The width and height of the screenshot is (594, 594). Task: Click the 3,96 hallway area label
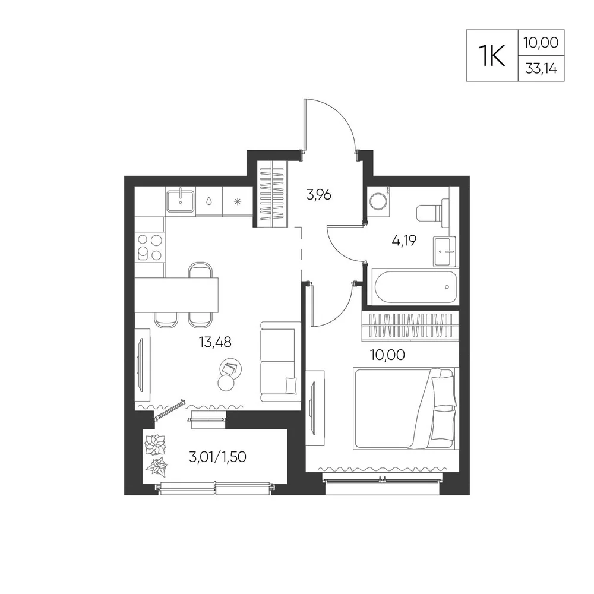[x=318, y=195]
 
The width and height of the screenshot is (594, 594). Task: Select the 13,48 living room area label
[x=215, y=342]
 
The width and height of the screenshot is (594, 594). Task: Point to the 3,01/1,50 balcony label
[x=217, y=457]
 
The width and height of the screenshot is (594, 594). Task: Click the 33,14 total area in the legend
[x=541, y=68]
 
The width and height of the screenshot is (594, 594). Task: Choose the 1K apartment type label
[x=492, y=55]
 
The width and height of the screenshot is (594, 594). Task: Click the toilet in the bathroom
[x=432, y=213]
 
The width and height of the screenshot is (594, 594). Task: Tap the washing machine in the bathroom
[x=378, y=201]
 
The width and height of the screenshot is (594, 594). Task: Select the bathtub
[x=416, y=287]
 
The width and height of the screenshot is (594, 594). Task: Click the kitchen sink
[x=181, y=201]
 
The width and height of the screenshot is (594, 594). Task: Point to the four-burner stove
[x=150, y=247]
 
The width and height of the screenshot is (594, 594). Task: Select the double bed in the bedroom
[x=406, y=409]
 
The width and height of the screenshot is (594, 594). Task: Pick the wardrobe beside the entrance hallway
[x=273, y=194]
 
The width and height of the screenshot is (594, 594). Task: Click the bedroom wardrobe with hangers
[x=410, y=326]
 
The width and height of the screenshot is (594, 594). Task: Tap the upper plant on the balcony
[x=155, y=444]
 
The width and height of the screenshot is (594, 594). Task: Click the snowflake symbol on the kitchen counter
[x=237, y=201]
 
